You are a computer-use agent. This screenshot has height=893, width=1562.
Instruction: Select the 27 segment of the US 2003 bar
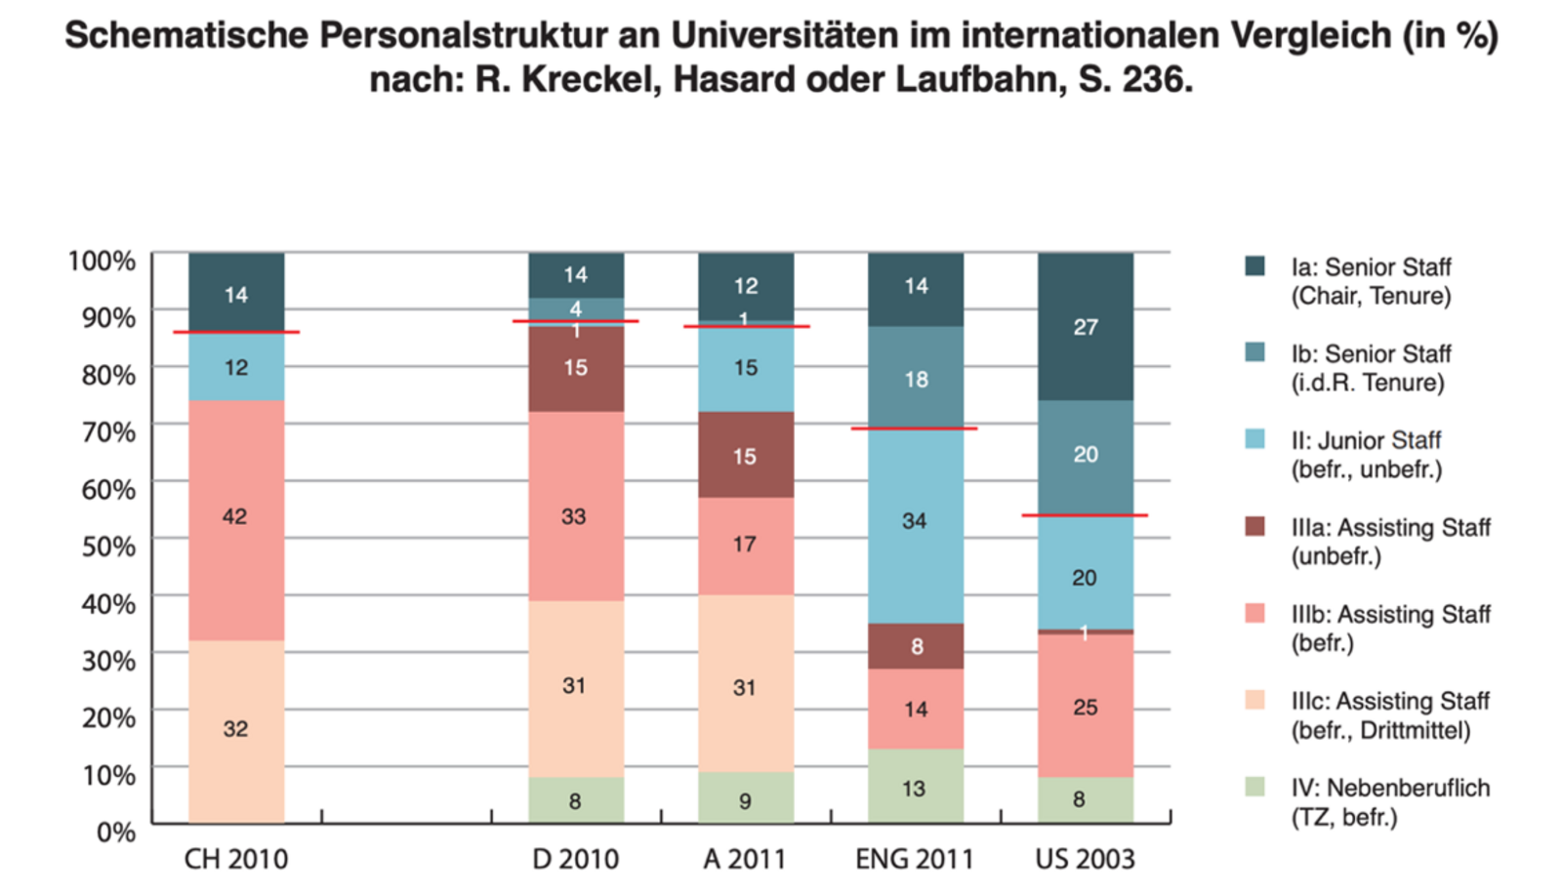tap(1086, 326)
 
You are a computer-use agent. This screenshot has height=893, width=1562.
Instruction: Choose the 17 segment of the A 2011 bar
tap(746, 546)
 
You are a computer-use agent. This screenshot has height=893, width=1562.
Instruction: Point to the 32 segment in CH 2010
tap(236, 730)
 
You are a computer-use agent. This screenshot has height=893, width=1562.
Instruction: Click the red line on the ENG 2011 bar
tap(914, 428)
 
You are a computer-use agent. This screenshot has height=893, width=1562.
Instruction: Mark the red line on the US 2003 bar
tap(1085, 515)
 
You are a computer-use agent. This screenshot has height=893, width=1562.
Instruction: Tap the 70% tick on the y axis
tap(108, 431)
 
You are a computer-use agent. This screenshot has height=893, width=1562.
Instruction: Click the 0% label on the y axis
tap(115, 832)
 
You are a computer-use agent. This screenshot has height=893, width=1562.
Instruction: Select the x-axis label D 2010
tap(576, 859)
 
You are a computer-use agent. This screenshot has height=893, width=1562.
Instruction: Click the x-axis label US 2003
tap(1085, 859)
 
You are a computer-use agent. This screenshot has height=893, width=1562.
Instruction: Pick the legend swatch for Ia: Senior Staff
tap(1255, 266)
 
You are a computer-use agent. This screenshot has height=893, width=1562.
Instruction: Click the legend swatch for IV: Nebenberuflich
tap(1255, 787)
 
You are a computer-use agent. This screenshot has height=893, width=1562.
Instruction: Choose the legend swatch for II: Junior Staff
tap(1255, 439)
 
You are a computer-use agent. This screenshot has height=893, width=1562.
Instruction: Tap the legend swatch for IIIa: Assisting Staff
tap(1255, 526)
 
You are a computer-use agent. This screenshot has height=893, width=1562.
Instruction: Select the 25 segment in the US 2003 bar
tap(1086, 707)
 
